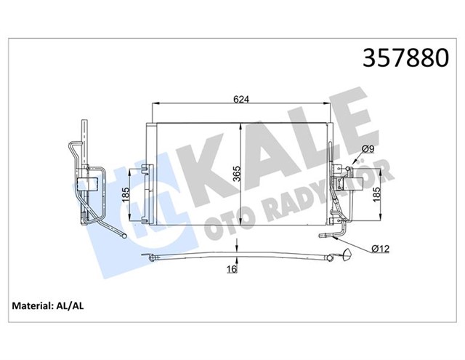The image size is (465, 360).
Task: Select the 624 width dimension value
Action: pyautogui.click(x=240, y=100)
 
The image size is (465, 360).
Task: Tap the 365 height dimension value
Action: pyautogui.click(x=248, y=175)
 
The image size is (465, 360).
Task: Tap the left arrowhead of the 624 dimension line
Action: pyautogui.click(x=153, y=107)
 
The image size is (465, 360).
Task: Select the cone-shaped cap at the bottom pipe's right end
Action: pyautogui.click(x=347, y=255)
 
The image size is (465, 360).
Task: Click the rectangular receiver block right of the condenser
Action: pyautogui.click(x=341, y=175)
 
